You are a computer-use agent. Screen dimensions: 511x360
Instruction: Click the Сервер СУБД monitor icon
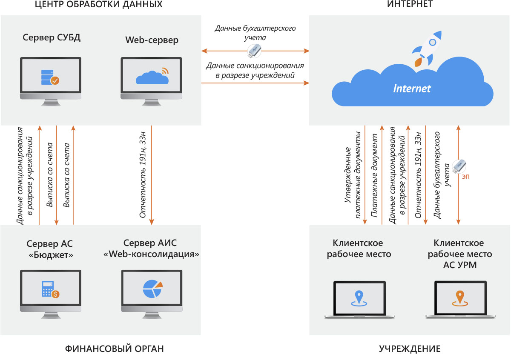51,81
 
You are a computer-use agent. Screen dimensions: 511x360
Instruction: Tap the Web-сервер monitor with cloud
151,81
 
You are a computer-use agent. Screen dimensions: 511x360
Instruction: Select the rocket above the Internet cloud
427,49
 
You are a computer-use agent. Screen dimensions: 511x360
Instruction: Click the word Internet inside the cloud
412,89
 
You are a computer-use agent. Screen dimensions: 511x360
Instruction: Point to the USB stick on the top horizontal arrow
254,51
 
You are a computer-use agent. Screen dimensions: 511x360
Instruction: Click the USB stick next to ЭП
459,166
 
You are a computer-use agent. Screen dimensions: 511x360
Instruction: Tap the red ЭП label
465,177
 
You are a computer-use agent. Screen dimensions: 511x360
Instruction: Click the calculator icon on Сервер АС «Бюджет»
50,289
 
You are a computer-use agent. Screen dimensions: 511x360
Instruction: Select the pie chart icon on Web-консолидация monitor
152,289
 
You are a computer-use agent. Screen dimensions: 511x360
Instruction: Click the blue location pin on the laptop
359,298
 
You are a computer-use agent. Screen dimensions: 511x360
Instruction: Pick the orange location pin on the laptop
460,298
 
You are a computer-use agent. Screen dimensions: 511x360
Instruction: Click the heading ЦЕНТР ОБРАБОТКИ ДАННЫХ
98,5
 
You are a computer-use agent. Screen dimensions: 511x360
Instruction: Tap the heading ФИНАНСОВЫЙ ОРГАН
114,349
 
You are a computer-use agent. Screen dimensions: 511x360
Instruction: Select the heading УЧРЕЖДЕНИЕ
410,349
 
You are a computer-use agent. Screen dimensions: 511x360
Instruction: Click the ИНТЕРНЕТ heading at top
410,4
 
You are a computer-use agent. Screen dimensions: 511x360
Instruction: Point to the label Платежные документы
374,175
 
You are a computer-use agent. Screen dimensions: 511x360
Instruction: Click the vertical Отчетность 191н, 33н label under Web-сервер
143,175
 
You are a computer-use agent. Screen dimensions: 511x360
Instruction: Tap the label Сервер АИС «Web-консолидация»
151,249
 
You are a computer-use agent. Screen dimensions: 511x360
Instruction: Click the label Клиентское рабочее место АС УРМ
459,254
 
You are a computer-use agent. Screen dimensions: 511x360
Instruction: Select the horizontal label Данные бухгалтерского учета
255,33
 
